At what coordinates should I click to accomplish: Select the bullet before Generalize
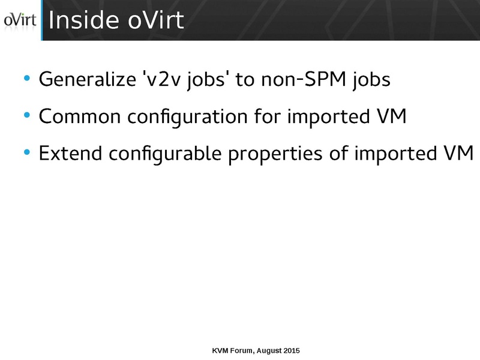(26, 78)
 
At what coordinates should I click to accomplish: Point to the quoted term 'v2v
(158, 79)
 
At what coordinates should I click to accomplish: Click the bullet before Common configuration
(26, 115)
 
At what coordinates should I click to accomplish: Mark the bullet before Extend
(26, 152)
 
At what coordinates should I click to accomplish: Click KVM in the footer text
(221, 349)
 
